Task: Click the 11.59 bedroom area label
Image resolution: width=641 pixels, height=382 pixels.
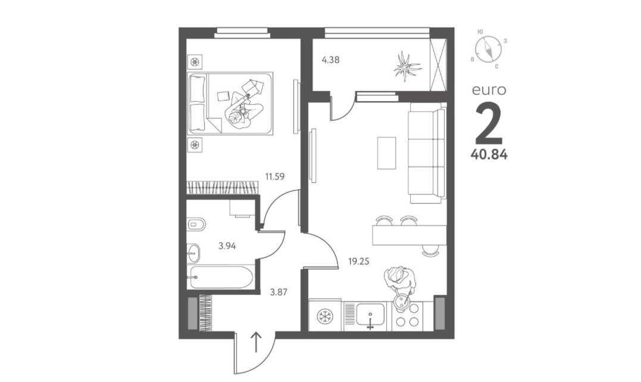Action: (275, 177)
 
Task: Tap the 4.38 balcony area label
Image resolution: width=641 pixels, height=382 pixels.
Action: (330, 60)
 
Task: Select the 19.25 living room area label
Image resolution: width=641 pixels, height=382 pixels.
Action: (358, 261)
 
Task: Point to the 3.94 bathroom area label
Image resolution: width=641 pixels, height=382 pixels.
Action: (227, 246)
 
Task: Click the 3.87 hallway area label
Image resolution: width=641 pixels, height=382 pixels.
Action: (279, 293)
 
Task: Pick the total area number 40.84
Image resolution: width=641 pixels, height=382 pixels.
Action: (489, 154)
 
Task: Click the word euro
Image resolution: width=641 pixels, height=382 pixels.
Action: (489, 90)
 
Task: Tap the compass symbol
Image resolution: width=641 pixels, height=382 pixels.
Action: (489, 49)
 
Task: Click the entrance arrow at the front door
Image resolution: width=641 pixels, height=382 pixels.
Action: (256, 342)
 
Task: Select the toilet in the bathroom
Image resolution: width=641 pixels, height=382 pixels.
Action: (196, 224)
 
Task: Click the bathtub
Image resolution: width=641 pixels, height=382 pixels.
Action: (221, 277)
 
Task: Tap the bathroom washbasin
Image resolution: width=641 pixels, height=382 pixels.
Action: (194, 253)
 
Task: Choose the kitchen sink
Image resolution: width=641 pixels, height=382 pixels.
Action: (370, 315)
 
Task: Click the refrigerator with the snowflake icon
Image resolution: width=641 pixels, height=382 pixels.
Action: (326, 316)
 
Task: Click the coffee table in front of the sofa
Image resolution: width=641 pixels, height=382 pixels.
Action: (387, 153)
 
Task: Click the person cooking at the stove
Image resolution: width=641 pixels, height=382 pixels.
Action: (400, 284)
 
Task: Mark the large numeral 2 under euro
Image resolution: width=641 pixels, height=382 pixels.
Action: (489, 122)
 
